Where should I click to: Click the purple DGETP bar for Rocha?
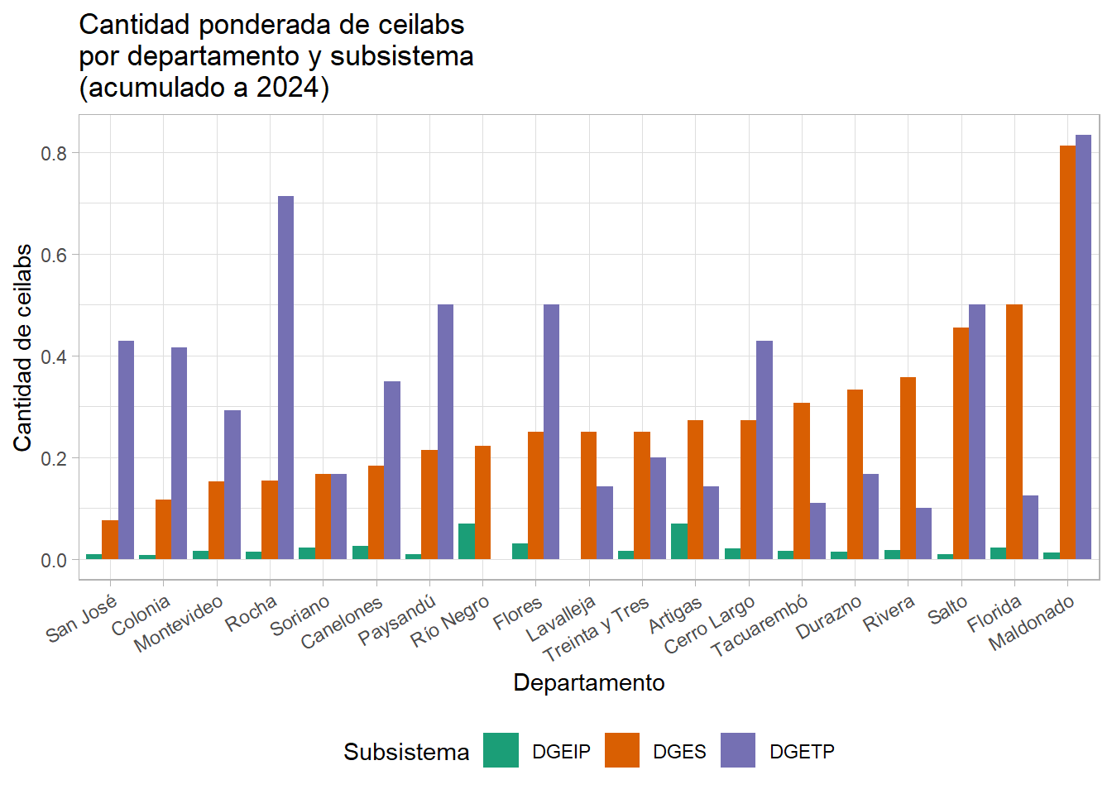pos(285,377)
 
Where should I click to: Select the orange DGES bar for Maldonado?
pos(1067,352)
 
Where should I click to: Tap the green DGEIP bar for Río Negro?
pos(467,542)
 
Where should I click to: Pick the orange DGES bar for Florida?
pos(1014,432)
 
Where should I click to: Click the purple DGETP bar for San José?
pos(126,450)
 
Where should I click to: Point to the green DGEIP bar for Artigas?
pos(679,542)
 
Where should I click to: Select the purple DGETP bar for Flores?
pos(551,432)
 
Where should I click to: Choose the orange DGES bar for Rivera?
pos(908,468)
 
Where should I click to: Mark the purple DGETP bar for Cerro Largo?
pos(764,450)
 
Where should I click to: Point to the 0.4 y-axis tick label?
pos(54,356)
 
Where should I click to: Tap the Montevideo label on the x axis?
pos(179,624)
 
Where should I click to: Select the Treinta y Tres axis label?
pos(596,630)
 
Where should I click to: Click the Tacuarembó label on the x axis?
pos(760,627)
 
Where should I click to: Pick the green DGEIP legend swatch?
pos(501,751)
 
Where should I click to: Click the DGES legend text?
pos(679,752)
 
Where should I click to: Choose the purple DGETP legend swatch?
pos(738,751)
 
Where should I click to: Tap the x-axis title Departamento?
pos(589,683)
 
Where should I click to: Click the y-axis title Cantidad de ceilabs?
pos(23,347)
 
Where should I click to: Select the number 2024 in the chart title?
pos(287,88)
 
